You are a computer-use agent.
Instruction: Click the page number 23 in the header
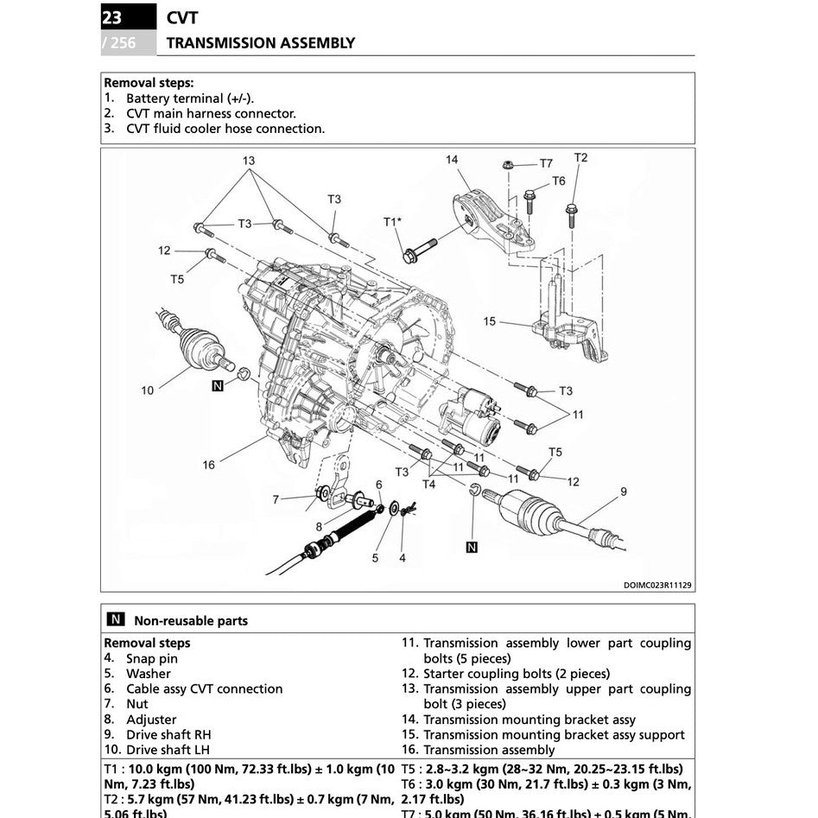click(112, 16)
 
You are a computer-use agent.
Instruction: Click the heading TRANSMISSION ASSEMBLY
click(260, 42)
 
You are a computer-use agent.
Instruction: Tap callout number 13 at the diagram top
click(249, 161)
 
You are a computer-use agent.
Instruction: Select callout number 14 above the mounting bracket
click(452, 160)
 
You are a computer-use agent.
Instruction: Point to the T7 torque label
click(546, 163)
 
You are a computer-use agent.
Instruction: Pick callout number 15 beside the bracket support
click(490, 321)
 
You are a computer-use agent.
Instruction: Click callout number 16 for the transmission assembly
click(208, 465)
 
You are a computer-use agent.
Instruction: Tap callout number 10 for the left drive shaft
click(147, 390)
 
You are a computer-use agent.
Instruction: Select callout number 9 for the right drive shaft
click(623, 491)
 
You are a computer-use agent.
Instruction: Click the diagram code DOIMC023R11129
click(657, 585)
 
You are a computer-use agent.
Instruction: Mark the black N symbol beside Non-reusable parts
click(115, 619)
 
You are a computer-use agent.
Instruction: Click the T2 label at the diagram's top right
click(580, 157)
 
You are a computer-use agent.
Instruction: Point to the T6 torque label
click(559, 181)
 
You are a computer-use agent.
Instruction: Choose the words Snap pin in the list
click(152, 658)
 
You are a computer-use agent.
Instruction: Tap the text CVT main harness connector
click(211, 113)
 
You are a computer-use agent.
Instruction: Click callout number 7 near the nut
click(276, 499)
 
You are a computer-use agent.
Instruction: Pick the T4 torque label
click(428, 484)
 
